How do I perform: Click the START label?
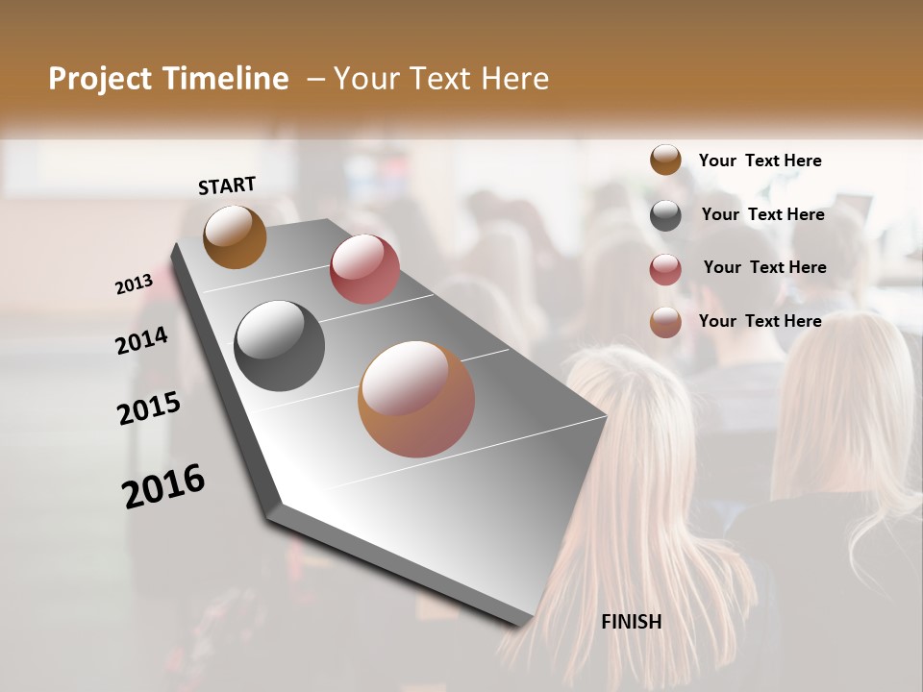227,185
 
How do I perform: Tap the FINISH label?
632,622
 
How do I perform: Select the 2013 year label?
135,284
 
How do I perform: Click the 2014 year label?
141,340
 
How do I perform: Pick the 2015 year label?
149,408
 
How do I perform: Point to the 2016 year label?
163,485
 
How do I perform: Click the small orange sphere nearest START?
235,236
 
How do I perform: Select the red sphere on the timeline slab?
364,269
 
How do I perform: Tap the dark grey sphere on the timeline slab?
279,346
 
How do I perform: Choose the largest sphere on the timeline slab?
416,399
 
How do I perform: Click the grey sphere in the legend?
665,215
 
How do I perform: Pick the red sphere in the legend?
665,269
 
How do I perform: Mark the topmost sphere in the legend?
665,161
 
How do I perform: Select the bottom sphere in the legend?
665,322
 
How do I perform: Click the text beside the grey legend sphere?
762,214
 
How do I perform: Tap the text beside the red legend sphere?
764,267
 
